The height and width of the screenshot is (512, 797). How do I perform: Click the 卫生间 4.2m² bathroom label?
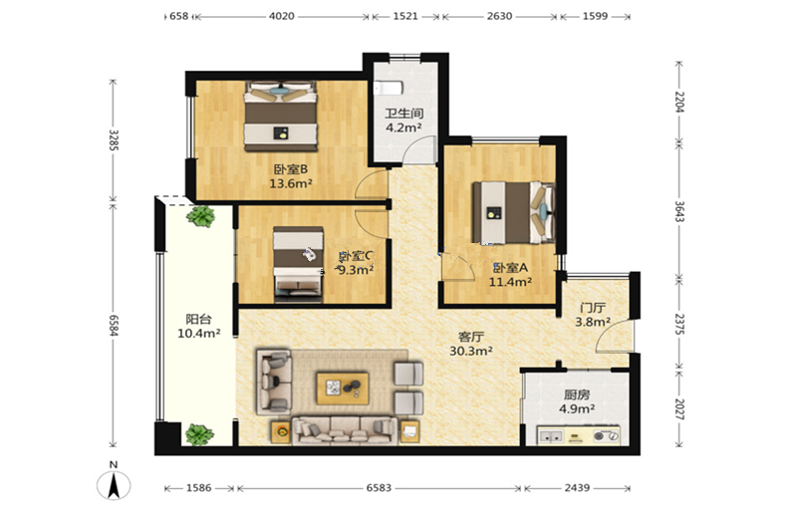pos(404,121)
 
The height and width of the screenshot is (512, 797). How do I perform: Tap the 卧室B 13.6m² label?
pos(291,176)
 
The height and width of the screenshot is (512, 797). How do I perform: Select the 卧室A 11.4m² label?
pos(510,275)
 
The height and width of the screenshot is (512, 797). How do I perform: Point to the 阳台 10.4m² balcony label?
pos(198,327)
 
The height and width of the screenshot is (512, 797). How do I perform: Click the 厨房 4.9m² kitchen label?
pos(577,401)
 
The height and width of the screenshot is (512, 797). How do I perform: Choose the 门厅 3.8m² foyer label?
pos(593,315)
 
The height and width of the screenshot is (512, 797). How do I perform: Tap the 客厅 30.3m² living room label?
pos(471,344)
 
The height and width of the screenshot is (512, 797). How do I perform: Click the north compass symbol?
pos(114,481)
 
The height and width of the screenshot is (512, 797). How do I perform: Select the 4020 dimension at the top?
pos(282,16)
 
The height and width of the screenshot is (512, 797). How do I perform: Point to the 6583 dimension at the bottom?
pos(379,488)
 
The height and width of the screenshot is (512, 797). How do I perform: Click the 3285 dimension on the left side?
pos(114,140)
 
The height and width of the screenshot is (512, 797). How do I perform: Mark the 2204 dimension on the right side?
pos(679,102)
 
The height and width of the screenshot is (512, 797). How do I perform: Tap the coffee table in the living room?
pos(343,388)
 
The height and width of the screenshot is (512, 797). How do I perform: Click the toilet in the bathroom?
pos(389,89)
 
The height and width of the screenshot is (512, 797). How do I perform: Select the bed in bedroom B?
pos(281,116)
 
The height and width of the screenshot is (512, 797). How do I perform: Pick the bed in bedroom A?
pos(513,212)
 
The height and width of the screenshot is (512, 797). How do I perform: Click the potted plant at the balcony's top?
pos(200,216)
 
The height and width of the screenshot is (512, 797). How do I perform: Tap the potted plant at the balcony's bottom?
pos(198,435)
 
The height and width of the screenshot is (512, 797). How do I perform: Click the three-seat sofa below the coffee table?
pos(345,430)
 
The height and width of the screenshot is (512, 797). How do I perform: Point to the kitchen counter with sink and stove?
pos(579,435)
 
